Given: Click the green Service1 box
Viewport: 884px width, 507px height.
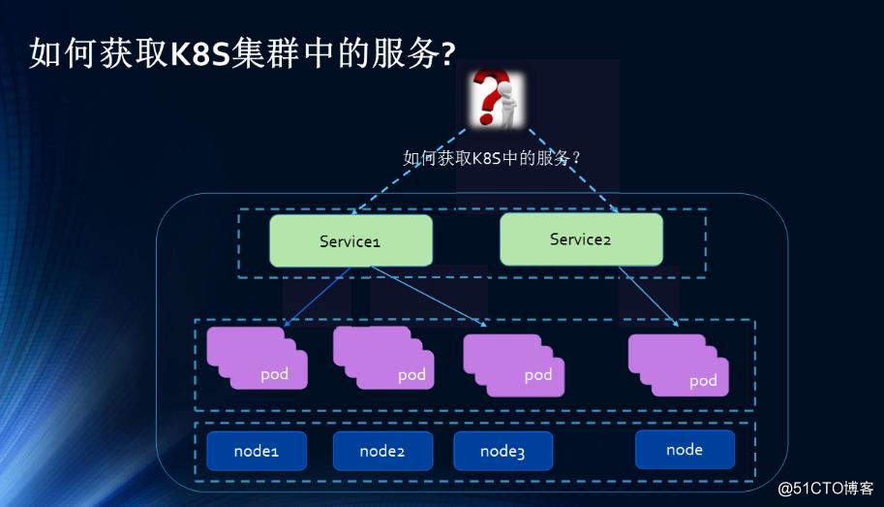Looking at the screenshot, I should click(351, 240).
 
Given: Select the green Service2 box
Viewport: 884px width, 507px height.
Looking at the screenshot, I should click(581, 238).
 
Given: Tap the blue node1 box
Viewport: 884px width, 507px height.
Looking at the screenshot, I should click(256, 451).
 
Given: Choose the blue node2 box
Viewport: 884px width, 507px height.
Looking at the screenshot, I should click(381, 451).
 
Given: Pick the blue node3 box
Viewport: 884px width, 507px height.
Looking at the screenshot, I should click(503, 451).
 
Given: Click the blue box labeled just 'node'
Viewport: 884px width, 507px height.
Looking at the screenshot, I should click(685, 450).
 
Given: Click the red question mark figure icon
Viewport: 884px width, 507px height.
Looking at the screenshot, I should click(496, 99).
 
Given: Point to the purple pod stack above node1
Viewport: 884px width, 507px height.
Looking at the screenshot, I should click(257, 359).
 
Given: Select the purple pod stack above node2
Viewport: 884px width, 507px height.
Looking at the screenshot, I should click(383, 359).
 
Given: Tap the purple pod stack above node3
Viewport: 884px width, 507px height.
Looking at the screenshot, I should click(513, 364).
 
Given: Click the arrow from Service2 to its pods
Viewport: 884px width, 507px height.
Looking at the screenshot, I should click(649, 296).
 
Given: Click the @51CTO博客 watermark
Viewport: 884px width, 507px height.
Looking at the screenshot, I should click(825, 488).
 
